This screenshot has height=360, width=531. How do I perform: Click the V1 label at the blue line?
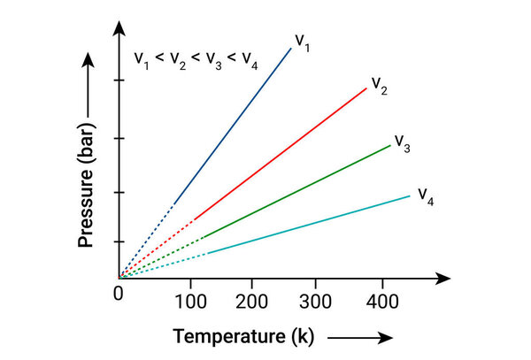[303, 42]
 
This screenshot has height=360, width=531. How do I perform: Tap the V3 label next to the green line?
[402, 142]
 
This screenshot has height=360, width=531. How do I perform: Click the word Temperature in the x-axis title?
[224, 337]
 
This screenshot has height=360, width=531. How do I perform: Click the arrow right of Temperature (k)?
[359, 338]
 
